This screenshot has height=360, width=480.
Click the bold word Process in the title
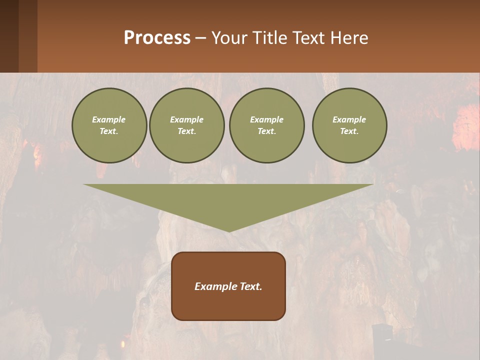point(157,37)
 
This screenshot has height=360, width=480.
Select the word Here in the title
point(349,37)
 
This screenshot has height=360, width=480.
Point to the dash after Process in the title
point(201,38)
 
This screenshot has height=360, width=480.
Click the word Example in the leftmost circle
point(109,119)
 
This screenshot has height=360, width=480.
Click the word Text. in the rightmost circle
point(349,131)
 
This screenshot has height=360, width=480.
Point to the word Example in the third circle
point(266,119)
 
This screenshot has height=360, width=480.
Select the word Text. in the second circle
point(186,131)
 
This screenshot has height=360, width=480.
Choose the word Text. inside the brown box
point(250,286)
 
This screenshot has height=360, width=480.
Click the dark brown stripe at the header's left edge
point(9,36)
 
